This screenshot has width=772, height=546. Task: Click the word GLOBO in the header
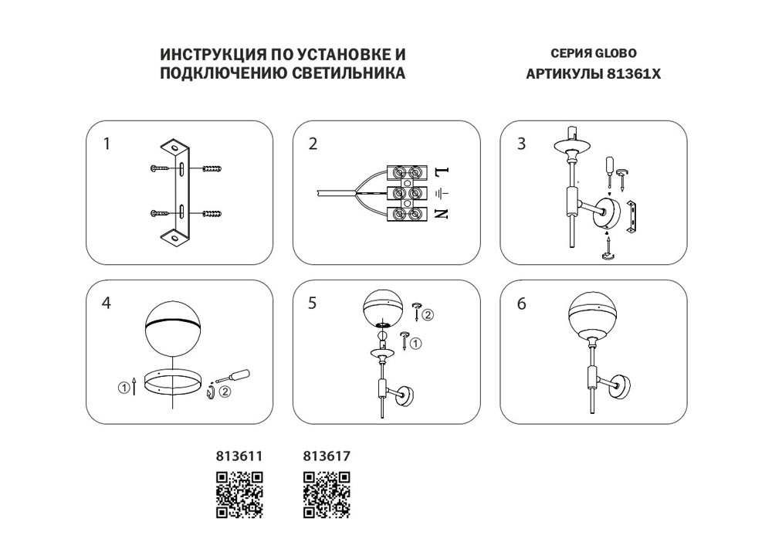coord(616,53)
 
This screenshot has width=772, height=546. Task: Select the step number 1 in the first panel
coord(107,144)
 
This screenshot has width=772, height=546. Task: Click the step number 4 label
coord(107,303)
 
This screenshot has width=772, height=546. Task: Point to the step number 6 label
coord(522,304)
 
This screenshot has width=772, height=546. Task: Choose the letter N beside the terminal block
coord(442,214)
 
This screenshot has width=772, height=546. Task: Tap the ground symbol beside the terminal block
coord(442,193)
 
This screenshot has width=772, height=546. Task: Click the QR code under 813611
coord(240,495)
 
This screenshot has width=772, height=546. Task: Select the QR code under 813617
coord(327,495)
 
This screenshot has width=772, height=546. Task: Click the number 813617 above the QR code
coord(327,456)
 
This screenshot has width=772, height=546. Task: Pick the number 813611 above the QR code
coord(240,456)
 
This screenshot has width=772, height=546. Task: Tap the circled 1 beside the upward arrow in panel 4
coord(124,388)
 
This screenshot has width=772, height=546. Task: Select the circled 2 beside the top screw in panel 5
coord(428,314)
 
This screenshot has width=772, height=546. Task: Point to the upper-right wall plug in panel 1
coord(212,169)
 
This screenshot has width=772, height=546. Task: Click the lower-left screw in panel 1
coord(160,214)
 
